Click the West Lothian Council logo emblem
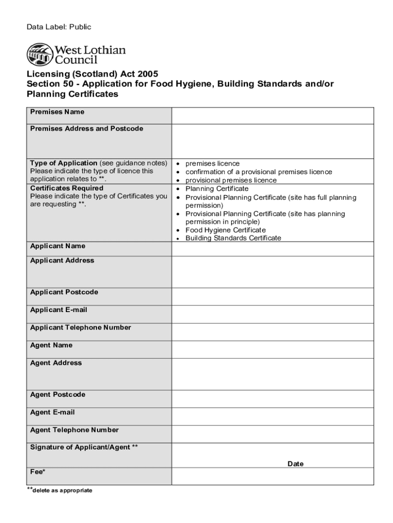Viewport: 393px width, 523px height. (39, 54)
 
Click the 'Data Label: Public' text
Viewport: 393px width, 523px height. (59, 27)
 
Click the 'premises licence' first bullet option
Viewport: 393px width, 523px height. (212, 163)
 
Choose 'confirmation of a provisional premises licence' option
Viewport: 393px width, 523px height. (258, 172)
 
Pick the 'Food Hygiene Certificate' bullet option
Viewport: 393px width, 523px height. (225, 230)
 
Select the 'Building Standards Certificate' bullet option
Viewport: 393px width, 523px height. (233, 238)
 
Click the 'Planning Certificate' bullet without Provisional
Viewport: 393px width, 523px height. (216, 188)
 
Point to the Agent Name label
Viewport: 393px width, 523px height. (51, 345)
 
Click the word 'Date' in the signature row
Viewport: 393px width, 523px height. (295, 464)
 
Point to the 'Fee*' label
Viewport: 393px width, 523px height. (37, 472)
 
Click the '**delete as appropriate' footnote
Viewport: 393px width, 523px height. (59, 490)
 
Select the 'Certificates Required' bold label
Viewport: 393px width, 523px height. (66, 188)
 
